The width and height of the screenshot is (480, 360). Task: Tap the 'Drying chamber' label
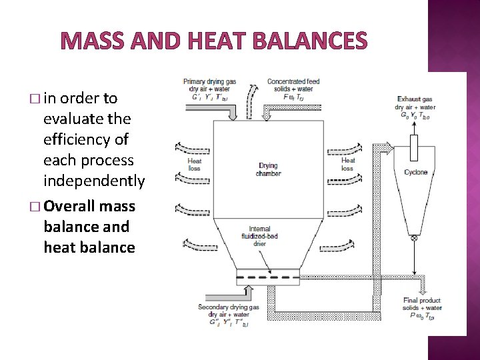pyautogui.click(x=268, y=169)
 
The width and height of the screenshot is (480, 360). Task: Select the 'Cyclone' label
pyautogui.click(x=416, y=173)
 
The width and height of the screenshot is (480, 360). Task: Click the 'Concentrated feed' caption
pyautogui.click(x=293, y=82)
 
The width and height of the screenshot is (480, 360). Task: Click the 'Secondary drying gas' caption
pyautogui.click(x=228, y=307)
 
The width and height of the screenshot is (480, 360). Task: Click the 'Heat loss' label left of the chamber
pyautogui.click(x=195, y=165)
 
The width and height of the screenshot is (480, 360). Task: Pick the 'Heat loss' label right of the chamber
pyautogui.click(x=348, y=165)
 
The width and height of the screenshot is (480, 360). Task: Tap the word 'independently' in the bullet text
pyautogui.click(x=93, y=181)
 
